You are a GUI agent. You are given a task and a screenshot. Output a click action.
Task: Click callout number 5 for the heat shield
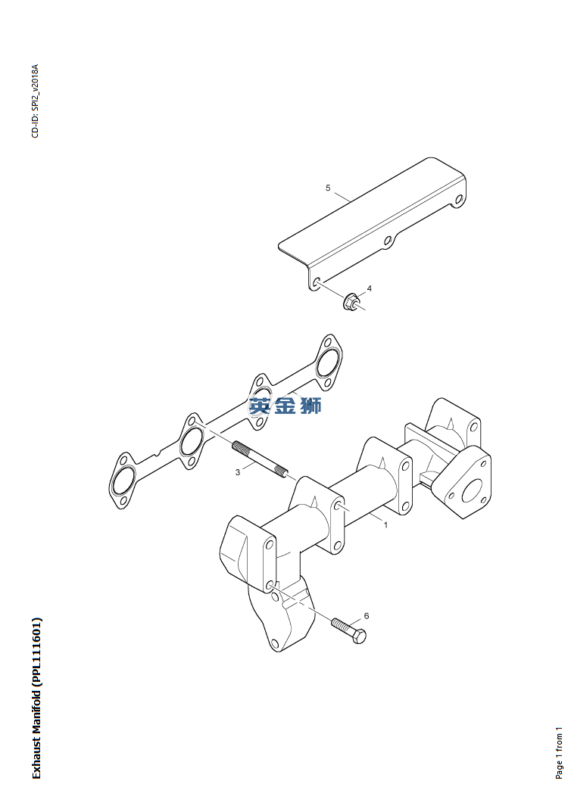coord(327,188)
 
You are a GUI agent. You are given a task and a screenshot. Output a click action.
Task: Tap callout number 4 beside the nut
coord(370,288)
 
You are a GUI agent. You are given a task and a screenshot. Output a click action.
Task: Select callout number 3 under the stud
coord(238,472)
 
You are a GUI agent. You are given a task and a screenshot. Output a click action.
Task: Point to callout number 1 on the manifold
coord(385,524)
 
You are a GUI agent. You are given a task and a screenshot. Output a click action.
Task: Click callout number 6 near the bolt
coord(367,616)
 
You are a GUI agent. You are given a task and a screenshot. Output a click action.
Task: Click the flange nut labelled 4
coord(351,301)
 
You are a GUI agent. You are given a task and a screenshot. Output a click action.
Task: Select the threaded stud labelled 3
coord(260,459)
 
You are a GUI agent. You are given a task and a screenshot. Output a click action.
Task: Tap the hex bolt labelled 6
coord(348,630)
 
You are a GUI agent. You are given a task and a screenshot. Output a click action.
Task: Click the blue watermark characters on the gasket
coord(285,404)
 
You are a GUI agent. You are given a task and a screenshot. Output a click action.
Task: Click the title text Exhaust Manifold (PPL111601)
coord(36,698)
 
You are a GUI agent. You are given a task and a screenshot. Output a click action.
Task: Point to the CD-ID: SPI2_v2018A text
coord(35,101)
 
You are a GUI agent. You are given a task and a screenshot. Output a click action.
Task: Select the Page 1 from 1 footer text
coord(559,753)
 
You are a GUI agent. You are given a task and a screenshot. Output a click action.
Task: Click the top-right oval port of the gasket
coord(327,362)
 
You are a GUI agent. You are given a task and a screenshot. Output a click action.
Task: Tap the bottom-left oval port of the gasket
coord(123,480)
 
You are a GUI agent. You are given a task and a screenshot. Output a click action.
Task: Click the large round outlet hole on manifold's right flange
coord(471,490)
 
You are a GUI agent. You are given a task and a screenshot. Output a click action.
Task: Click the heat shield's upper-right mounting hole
coord(459,199)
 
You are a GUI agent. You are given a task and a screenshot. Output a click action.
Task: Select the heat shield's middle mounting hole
coord(388,241)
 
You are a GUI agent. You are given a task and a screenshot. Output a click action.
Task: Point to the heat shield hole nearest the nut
coord(316,282)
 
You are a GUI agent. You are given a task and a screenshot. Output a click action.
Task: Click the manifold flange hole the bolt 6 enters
coord(270,586)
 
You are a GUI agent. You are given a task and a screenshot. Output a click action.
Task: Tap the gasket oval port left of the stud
coord(191,440)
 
